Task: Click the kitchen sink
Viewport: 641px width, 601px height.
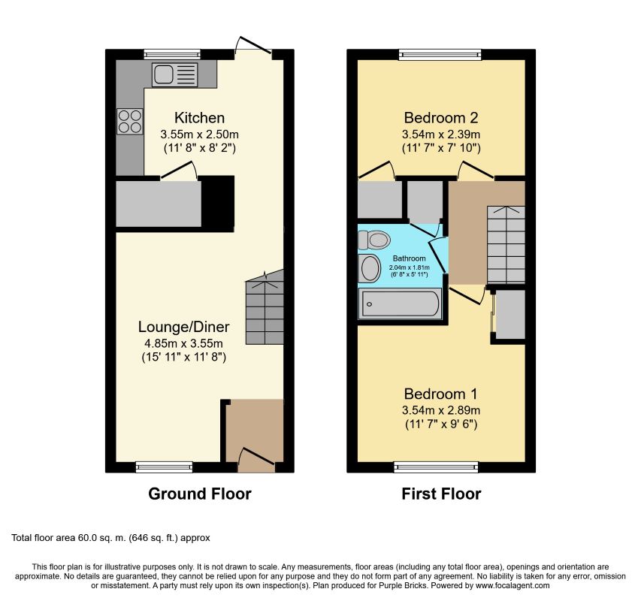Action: click(174, 74)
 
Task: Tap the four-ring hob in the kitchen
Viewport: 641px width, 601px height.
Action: click(130, 122)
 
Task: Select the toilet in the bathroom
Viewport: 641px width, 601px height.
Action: click(373, 240)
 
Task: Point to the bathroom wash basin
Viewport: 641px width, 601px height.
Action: click(370, 268)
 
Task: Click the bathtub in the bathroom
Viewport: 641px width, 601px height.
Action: click(400, 304)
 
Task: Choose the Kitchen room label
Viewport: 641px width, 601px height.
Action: click(199, 118)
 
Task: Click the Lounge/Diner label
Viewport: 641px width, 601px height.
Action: click(183, 327)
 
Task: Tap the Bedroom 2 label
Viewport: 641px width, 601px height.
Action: click(441, 118)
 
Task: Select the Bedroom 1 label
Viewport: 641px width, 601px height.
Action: click(440, 394)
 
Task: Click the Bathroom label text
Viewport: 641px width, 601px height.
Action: click(410, 258)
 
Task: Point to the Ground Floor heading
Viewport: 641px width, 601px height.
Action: click(199, 494)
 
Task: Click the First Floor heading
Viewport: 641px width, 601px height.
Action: click(441, 494)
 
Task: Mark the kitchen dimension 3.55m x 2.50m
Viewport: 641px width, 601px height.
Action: click(199, 134)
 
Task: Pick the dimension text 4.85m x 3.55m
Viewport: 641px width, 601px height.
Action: click(183, 343)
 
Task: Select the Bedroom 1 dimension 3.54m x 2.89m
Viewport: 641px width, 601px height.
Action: click(441, 409)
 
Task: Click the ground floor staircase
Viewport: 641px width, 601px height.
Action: click(265, 307)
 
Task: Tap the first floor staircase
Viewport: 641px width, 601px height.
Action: click(506, 244)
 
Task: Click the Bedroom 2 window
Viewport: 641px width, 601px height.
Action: click(440, 54)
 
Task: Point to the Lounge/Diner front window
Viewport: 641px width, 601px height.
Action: click(164, 467)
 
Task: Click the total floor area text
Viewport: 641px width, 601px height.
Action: click(110, 538)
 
